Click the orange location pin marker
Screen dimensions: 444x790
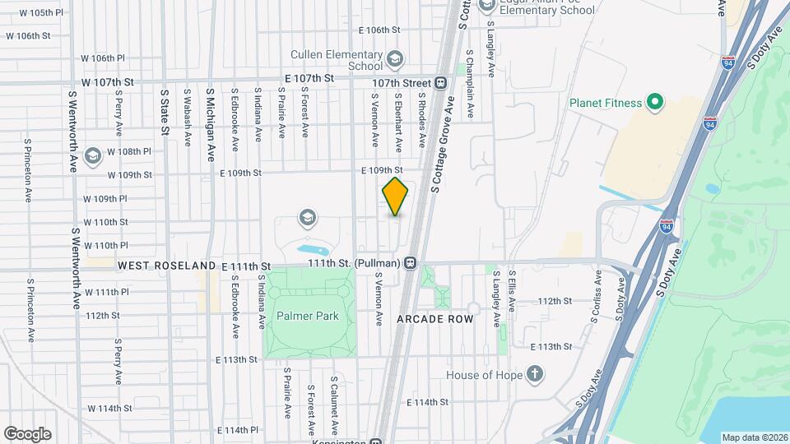point(396,197)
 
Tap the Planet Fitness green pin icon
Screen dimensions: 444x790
point(655,103)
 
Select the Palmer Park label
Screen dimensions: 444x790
point(308,316)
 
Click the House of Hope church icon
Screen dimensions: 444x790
point(535,375)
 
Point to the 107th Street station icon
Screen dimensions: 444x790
point(442,83)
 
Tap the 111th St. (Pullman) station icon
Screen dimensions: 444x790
point(410,263)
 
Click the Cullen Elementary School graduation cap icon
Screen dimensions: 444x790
point(395,58)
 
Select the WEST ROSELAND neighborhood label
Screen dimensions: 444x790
point(167,266)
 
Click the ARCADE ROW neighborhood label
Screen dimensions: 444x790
point(435,318)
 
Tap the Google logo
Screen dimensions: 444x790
point(27,433)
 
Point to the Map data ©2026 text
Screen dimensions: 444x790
point(754,437)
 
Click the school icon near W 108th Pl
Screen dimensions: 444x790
point(93,155)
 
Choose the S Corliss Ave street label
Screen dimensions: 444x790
point(593,295)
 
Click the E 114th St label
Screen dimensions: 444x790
point(427,402)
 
